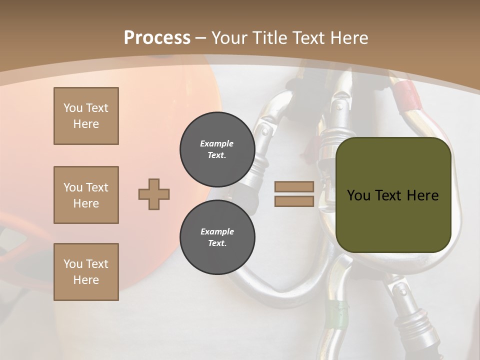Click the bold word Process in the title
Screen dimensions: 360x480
pos(157,38)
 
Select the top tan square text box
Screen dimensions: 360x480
pos(86,116)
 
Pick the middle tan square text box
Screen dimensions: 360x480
pos(86,195)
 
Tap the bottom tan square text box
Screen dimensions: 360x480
pos(86,272)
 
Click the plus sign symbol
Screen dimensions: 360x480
pos(154,194)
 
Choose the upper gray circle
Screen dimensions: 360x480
pos(217,149)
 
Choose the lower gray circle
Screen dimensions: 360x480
pos(217,237)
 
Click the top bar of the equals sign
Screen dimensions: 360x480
pos(294,187)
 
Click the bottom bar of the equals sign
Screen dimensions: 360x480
pos(294,201)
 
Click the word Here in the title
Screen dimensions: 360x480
pos(348,38)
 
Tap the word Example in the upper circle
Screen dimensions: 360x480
pos(216,143)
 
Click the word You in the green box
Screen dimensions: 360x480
pos(358,195)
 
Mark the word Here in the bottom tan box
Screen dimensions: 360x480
pos(86,280)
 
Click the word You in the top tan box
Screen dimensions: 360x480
pos(73,108)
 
